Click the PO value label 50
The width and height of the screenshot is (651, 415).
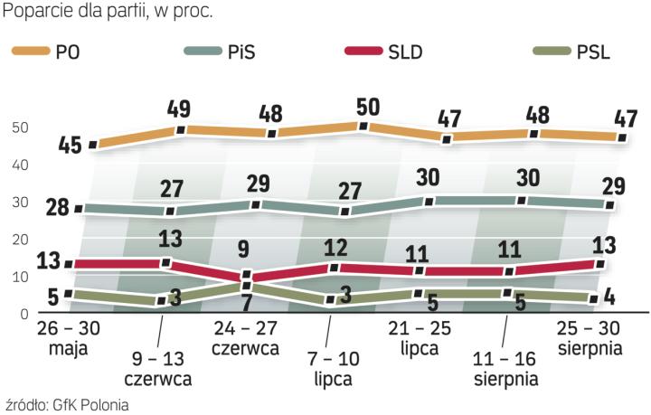[368, 106]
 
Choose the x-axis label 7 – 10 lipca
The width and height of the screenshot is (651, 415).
[332, 368]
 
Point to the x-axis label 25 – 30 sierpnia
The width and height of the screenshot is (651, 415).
[588, 335]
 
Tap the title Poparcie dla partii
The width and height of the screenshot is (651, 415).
[81, 13]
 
